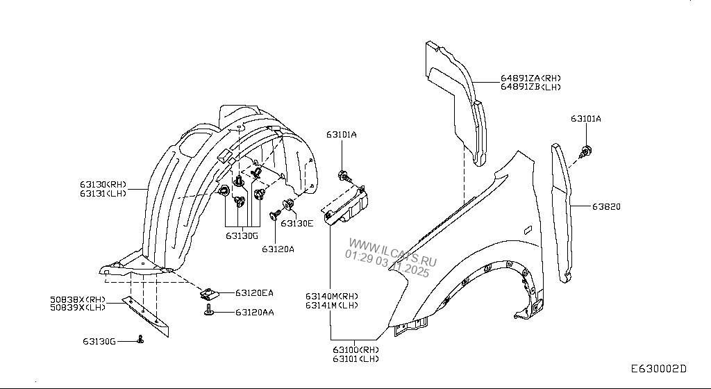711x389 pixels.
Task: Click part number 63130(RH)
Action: coord(103,185)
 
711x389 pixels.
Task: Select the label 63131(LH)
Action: coord(103,194)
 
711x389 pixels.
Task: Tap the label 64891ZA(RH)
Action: coord(530,78)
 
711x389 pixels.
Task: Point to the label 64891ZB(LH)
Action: coord(530,88)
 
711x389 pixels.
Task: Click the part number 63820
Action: coord(606,206)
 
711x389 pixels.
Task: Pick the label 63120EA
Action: coord(254,293)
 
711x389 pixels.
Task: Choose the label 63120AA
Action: coord(254,313)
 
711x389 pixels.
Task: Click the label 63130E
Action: coord(296,223)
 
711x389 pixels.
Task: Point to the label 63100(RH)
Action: coord(355,349)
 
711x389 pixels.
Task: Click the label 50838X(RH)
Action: coord(77,299)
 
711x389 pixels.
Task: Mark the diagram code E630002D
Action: coord(658,369)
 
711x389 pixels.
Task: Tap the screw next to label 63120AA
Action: coord(209,313)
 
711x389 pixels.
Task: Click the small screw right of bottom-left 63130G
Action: coord(141,340)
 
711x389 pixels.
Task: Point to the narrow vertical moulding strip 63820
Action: coord(562,208)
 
